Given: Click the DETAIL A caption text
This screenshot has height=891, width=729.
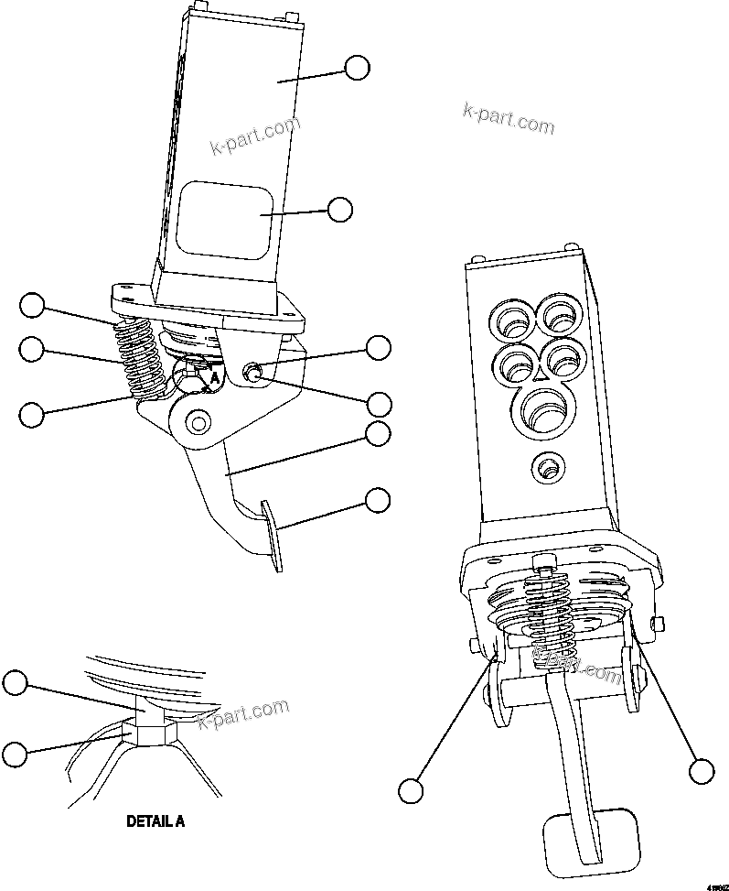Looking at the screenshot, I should [155, 821].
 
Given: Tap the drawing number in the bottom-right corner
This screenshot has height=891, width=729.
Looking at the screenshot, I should [715, 886].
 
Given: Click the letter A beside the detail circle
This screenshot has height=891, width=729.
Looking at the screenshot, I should [214, 375].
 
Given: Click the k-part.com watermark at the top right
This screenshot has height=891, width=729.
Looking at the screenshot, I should [508, 117].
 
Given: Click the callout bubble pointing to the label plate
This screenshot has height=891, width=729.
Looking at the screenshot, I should [340, 209].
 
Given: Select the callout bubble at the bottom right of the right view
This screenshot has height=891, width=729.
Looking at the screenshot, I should [702, 771].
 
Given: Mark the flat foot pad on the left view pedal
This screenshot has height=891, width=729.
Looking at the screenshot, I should [273, 536].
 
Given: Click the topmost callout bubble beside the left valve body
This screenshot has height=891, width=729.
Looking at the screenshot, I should [357, 67].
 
